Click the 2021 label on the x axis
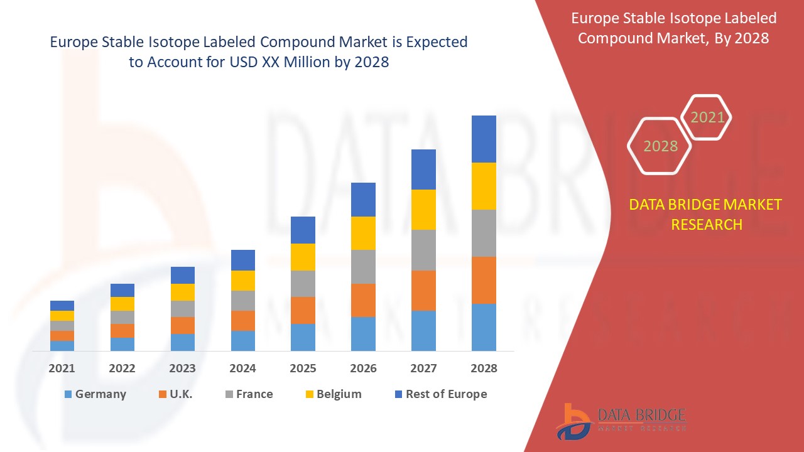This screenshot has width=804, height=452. pyautogui.click(x=62, y=369)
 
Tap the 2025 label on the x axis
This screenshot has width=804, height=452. pyautogui.click(x=303, y=369)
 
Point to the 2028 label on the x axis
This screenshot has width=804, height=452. pyautogui.click(x=484, y=369)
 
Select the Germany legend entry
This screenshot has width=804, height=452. pyautogui.click(x=95, y=394)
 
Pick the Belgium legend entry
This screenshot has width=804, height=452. pyautogui.click(x=333, y=394)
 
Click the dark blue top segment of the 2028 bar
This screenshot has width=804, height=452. pyautogui.click(x=484, y=139)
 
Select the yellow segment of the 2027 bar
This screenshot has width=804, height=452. pyautogui.click(x=423, y=210)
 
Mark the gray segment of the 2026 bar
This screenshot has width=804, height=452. pyautogui.click(x=363, y=267)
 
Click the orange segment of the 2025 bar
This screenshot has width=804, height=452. pyautogui.click(x=303, y=310)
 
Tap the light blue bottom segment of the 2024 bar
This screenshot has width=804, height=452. pyautogui.click(x=242, y=340)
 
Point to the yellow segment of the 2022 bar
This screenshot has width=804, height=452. pyautogui.click(x=122, y=304)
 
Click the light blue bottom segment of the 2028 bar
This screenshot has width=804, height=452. pyautogui.click(x=484, y=327)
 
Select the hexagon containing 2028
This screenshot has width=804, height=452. pyautogui.click(x=660, y=146)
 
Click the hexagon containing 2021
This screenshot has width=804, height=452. pyautogui.click(x=707, y=117)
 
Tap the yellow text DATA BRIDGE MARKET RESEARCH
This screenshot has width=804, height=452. pyautogui.click(x=706, y=215)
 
